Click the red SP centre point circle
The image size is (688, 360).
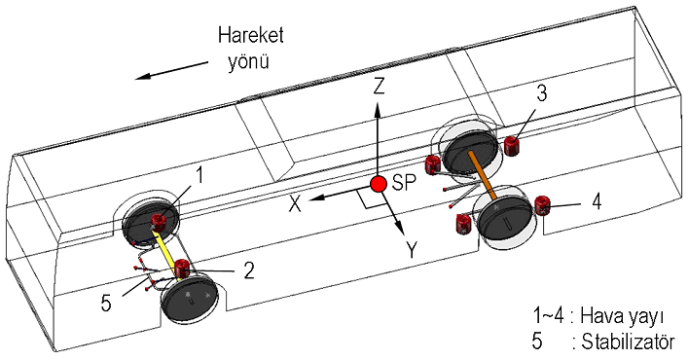tap(378, 184)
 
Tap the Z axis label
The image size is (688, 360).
tap(379, 86)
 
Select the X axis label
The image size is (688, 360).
tap(295, 204)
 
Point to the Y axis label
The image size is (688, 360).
tap(412, 250)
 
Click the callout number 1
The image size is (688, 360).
tap(199, 176)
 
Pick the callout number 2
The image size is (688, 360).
tap(249, 271)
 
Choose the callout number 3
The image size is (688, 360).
tap(542, 94)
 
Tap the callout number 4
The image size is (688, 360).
tap(597, 202)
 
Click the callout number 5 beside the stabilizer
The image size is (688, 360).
tap(106, 304)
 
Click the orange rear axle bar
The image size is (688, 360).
tap(482, 174)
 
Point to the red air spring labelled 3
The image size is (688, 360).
tap(511, 146)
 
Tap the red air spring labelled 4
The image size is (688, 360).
tap(542, 205)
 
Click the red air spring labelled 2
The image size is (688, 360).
tap(182, 270)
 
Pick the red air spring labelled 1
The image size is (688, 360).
tap(159, 222)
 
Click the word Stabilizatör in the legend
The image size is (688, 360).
tap(628, 342)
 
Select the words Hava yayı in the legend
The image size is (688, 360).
tap(621, 315)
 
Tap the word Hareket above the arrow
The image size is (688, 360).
tap(251, 35)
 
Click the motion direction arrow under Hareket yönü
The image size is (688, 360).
tap(171, 71)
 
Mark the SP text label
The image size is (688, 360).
tap(404, 183)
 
